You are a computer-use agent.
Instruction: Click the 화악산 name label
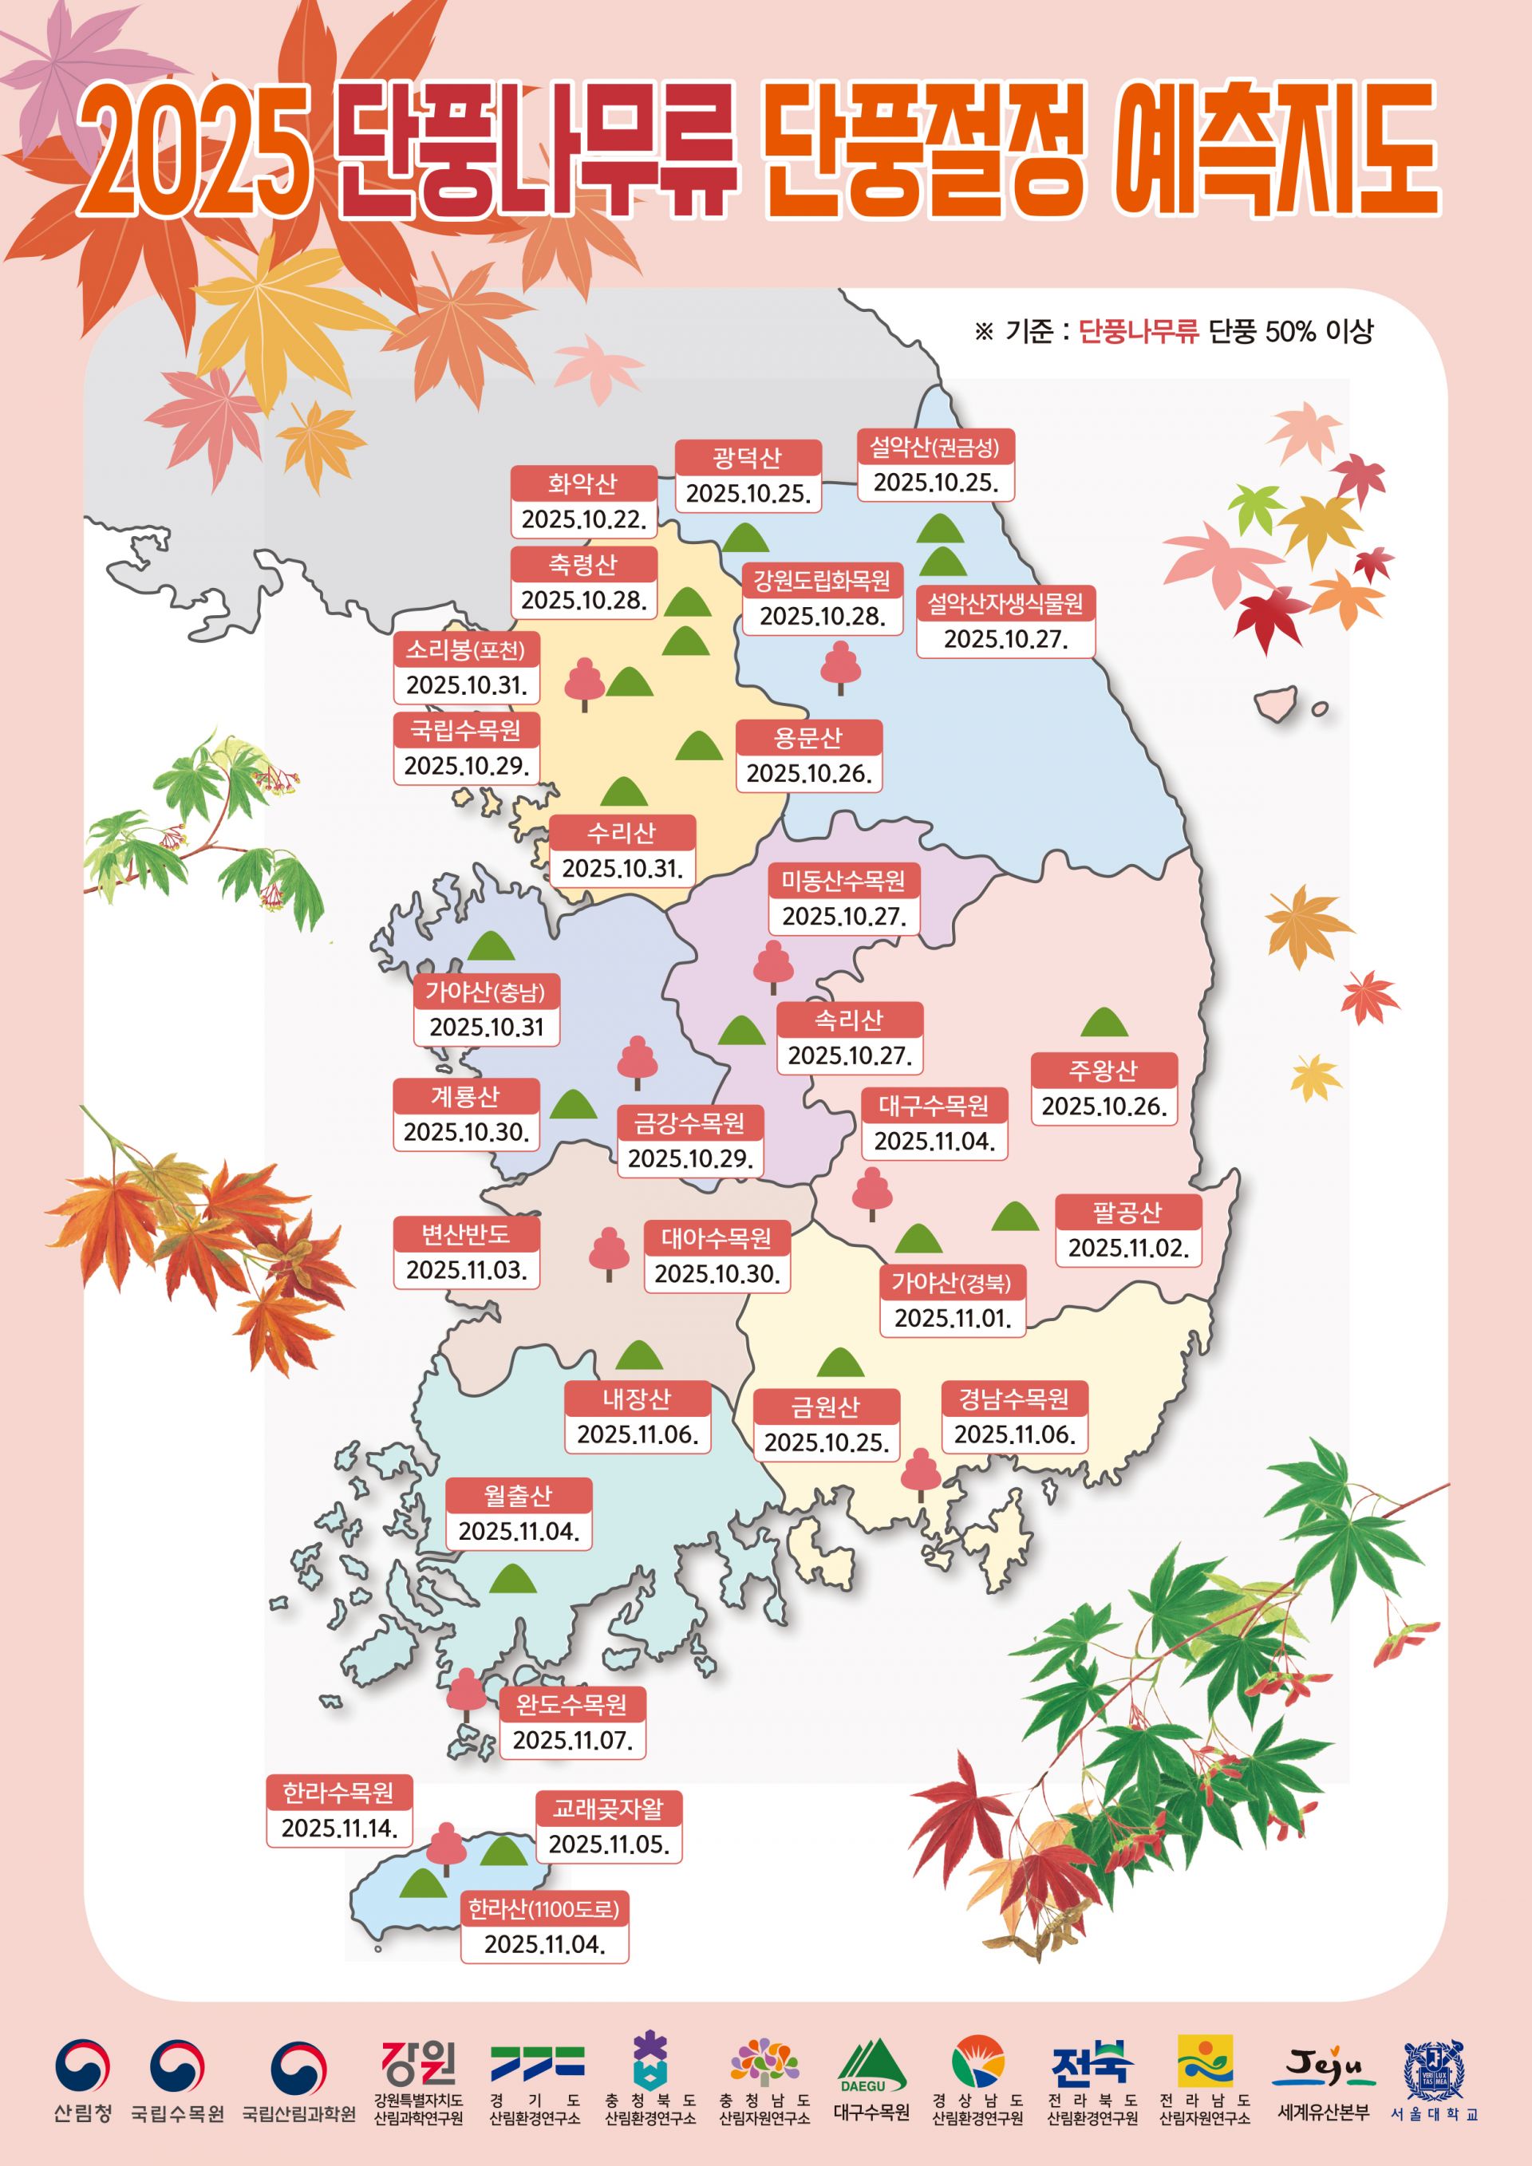[583, 484]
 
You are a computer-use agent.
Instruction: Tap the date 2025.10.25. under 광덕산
[748, 493]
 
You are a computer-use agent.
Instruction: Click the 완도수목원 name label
[571, 1705]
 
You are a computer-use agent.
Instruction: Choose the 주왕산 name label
[1103, 1071]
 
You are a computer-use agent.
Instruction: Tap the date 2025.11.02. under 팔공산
[1127, 1248]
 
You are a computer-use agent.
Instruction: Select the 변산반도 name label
[466, 1234]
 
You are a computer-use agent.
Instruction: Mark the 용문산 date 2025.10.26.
[808, 774]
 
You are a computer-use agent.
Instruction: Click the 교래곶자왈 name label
[609, 1809]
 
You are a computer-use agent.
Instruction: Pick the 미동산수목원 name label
[843, 881]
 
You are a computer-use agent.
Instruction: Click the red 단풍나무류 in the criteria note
[1138, 331]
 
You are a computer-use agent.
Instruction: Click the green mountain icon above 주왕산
[1104, 1023]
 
